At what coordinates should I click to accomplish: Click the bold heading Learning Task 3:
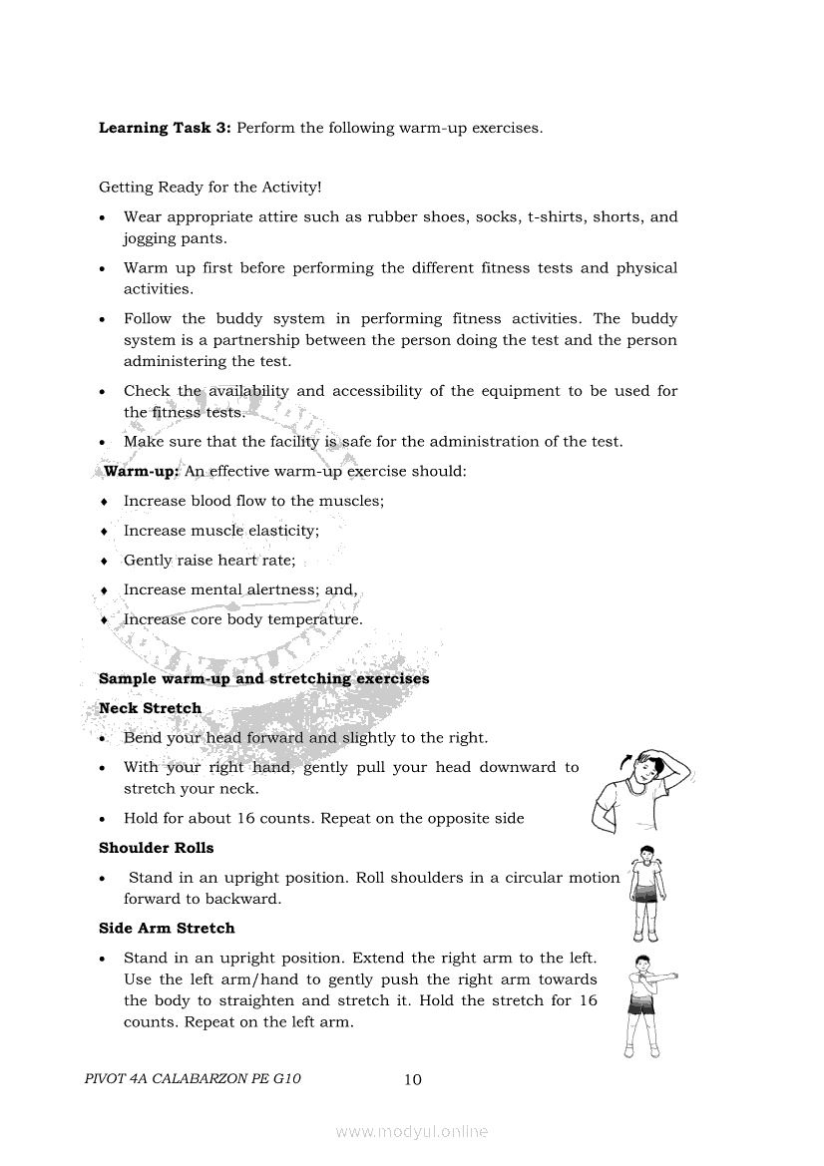click(x=165, y=128)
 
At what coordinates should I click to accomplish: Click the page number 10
click(x=413, y=1079)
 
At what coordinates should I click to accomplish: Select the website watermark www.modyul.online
click(x=412, y=1131)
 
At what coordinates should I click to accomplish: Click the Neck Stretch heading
click(x=150, y=708)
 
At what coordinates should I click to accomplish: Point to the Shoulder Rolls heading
click(x=156, y=848)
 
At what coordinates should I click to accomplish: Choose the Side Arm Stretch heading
click(x=167, y=928)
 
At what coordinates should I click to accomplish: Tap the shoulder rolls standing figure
click(x=646, y=894)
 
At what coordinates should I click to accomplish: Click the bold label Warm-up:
click(x=141, y=471)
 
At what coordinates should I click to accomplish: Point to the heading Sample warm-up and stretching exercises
click(x=263, y=678)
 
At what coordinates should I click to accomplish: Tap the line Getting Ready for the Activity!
click(x=209, y=187)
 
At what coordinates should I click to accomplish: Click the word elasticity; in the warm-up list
click(x=283, y=531)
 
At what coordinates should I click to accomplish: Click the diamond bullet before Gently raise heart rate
click(x=104, y=561)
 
